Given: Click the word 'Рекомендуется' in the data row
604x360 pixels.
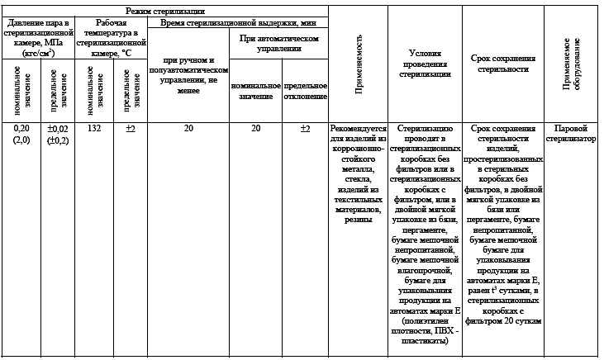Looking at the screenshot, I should pos(358,129).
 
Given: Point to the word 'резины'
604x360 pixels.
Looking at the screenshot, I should pos(358,220).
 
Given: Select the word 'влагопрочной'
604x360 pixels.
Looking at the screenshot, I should pos(426,268).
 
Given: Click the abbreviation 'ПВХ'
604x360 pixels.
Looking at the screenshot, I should pos(445,332).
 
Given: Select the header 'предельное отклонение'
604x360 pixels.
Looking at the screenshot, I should pos(305,91).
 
